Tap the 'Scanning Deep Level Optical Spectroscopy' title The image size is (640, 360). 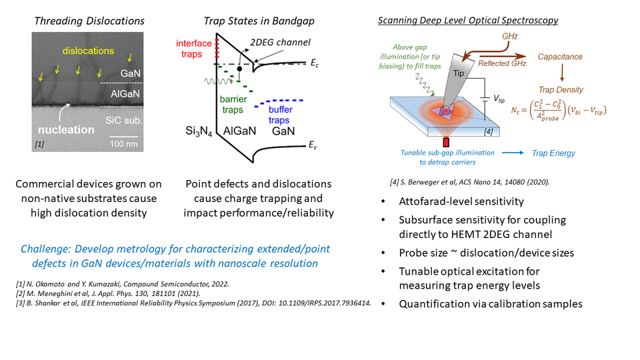click(x=467, y=21)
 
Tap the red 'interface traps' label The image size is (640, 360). click(x=193, y=48)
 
